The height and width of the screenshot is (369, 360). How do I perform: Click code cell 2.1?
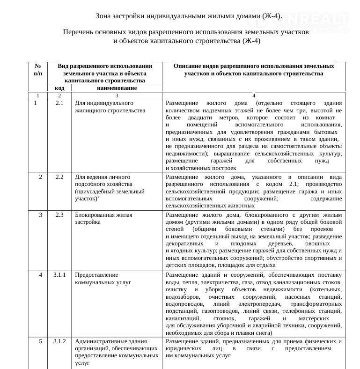click(59, 103)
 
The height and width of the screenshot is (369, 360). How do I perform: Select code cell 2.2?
click(59, 177)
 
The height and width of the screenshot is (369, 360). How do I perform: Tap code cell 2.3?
click(59, 214)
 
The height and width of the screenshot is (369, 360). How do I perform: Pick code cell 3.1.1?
click(59, 275)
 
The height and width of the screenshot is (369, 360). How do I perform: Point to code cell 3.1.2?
click(59, 341)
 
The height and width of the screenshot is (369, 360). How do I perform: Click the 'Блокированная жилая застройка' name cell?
click(104, 218)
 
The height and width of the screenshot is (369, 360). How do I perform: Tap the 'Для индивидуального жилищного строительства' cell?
click(110, 106)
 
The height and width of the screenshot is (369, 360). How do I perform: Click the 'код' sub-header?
click(59, 88)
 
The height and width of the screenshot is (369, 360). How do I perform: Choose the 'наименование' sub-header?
click(117, 88)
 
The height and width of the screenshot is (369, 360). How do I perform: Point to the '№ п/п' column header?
click(38, 70)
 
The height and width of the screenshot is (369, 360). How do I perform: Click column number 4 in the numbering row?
click(253, 96)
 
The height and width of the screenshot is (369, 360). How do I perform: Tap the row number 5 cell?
click(41, 341)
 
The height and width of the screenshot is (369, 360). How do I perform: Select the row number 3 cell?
click(41, 214)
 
